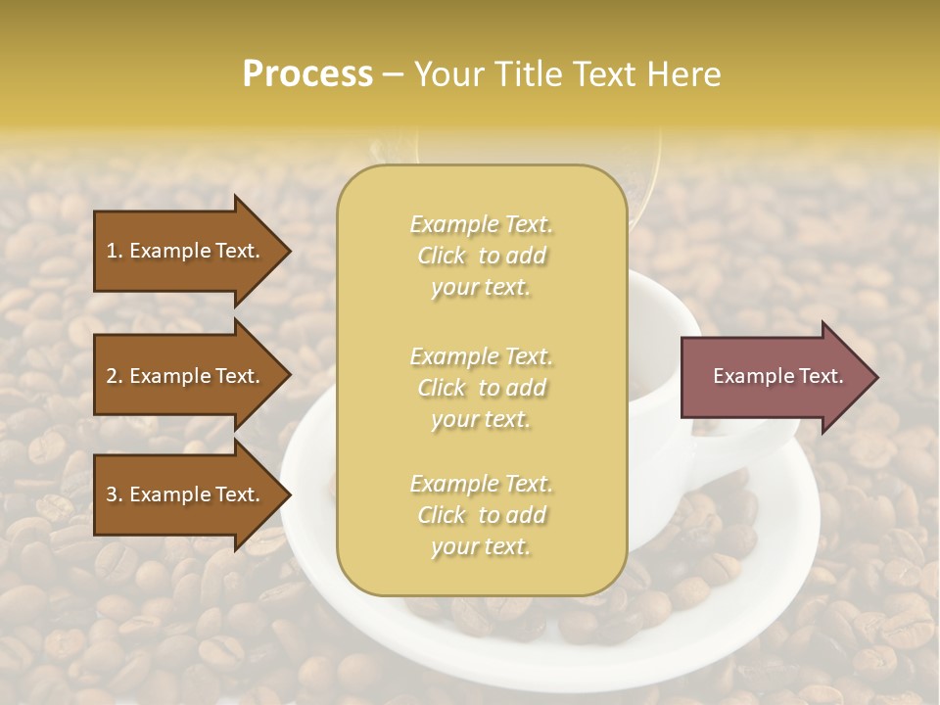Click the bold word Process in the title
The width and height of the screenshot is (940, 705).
(307, 74)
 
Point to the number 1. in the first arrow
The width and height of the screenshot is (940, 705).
(115, 251)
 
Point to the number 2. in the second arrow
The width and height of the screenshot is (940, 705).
(115, 376)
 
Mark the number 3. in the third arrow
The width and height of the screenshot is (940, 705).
(115, 494)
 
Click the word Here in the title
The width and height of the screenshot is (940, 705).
(685, 74)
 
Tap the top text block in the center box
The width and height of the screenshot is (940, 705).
(481, 256)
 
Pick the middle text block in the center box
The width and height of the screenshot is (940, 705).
(481, 387)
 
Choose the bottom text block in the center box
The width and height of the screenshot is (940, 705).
(481, 515)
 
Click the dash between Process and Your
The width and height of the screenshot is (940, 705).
(394, 75)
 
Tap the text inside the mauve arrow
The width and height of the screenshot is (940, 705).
(778, 376)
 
